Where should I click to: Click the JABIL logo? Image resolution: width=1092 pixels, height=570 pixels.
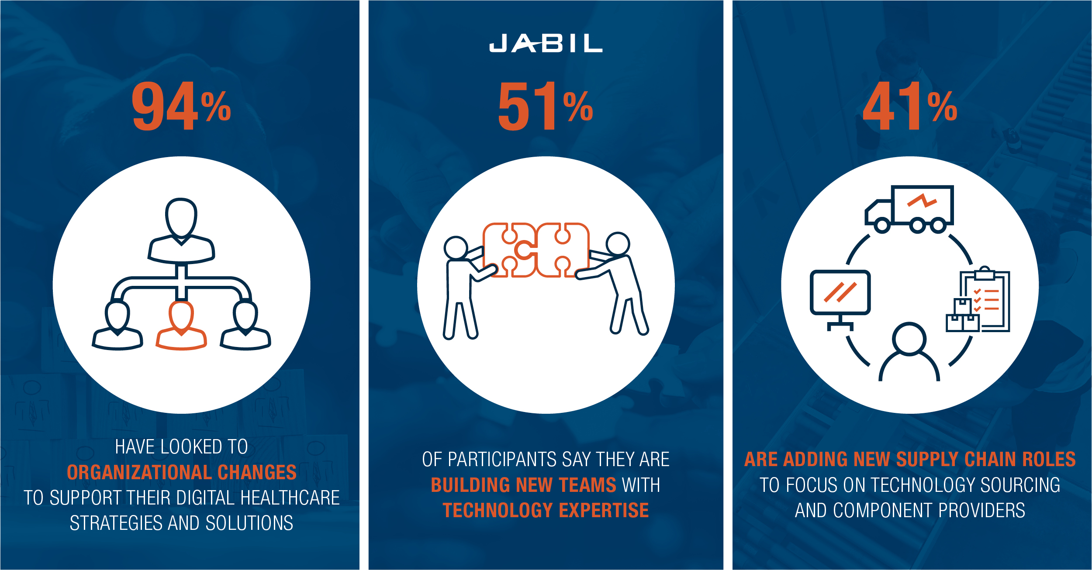546,43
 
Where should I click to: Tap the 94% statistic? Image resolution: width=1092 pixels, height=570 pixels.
181,106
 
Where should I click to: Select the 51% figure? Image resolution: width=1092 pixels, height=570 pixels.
546,106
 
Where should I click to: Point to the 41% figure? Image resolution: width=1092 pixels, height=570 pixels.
910,106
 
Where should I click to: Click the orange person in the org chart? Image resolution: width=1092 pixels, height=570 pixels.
181,325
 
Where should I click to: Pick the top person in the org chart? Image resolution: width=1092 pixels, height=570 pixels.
181,231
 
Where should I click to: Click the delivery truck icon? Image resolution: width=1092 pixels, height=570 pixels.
909,209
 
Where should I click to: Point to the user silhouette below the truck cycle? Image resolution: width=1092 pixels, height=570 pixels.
909,352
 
